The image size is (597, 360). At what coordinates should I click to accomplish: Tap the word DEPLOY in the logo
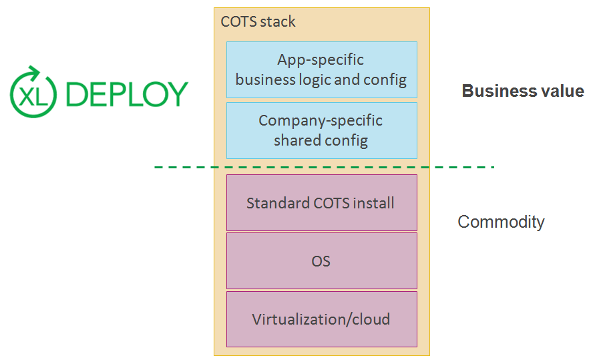[x=128, y=94]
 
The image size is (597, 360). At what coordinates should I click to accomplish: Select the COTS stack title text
[x=258, y=21]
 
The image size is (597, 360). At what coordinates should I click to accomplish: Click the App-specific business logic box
[x=321, y=69]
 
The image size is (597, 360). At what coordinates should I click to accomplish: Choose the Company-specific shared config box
[x=321, y=130]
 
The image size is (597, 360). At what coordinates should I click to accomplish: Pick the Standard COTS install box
[x=321, y=202]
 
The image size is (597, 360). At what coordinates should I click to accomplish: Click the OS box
[x=321, y=260]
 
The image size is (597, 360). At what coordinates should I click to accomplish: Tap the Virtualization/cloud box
[x=321, y=319]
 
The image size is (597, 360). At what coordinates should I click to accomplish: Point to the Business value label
[x=523, y=92]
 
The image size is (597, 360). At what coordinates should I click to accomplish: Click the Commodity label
[x=501, y=222]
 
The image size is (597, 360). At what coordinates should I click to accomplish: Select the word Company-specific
[x=321, y=121]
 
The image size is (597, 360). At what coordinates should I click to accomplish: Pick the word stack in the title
[x=278, y=21]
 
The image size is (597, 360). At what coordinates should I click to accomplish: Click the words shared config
[x=321, y=140]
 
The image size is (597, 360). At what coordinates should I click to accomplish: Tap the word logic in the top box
[x=320, y=80]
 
